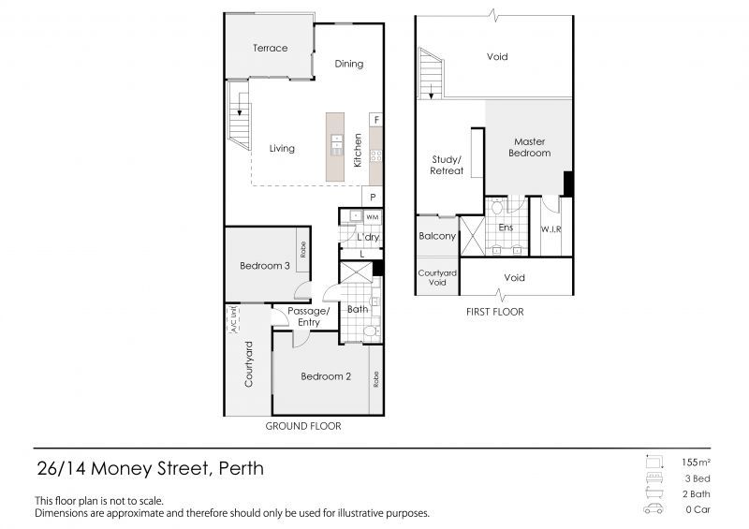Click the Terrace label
point(269,48)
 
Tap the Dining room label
point(348,64)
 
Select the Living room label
point(282,148)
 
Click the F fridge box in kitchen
point(375,120)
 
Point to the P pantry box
point(373,198)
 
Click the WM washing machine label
point(372,217)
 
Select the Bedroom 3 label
point(264,266)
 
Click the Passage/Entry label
point(309,316)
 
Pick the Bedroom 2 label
point(326,376)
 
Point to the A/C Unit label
point(232,319)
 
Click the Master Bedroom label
point(529,147)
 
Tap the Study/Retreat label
point(447,165)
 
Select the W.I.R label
point(551,228)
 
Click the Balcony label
point(437,236)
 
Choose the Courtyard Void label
point(437,278)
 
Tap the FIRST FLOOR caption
point(493,312)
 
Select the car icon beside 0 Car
point(653,510)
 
